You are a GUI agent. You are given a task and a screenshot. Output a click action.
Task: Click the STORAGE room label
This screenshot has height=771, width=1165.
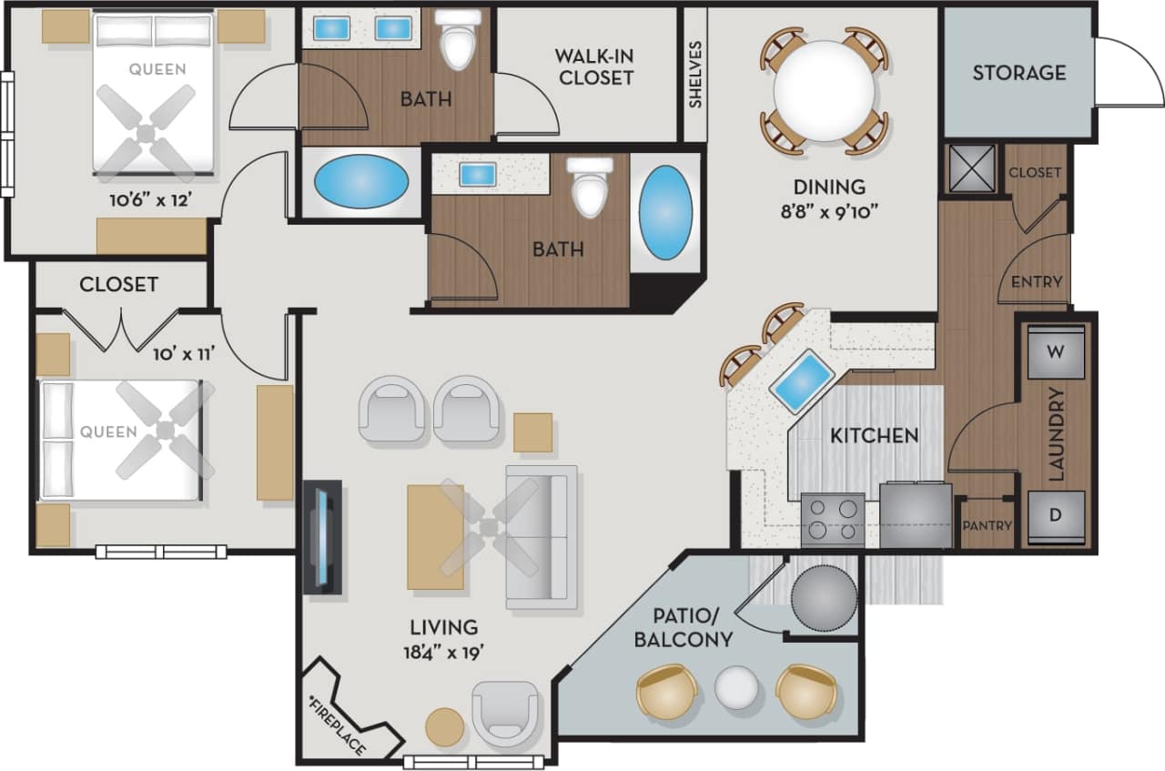point(1018,73)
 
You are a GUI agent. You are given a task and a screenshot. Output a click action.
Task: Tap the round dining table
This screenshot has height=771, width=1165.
point(825,91)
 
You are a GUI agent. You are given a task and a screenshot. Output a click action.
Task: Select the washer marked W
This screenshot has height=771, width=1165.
point(1056,352)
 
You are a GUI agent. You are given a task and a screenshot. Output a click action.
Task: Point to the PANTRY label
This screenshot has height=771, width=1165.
point(988,526)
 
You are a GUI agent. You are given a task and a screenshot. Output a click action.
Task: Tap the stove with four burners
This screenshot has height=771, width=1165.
point(832,520)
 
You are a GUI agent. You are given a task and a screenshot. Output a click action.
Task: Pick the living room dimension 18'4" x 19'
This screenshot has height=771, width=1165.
point(443,652)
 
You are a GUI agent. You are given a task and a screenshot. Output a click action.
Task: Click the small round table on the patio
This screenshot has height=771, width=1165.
point(736,688)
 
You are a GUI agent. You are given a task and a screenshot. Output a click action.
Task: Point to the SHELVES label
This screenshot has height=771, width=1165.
point(696,74)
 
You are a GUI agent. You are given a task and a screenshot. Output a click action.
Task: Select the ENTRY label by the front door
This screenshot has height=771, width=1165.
point(1037,282)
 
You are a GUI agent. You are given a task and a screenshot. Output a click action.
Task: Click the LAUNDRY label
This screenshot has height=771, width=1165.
point(1057,434)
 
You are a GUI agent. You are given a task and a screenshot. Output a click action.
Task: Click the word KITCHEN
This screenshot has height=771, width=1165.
point(874,436)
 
